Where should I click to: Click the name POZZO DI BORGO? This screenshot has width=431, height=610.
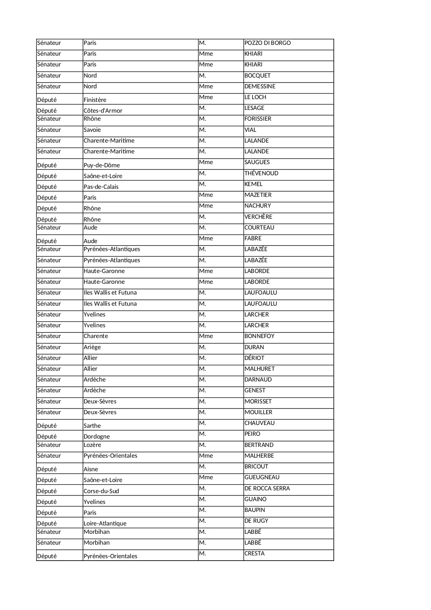[267, 43]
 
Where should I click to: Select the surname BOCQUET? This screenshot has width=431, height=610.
[257, 76]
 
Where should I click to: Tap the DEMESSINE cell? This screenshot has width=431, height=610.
[260, 87]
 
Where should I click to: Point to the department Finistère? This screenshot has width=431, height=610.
[95, 100]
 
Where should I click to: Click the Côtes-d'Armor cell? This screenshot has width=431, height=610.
[103, 111]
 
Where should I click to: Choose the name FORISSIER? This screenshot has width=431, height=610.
[258, 119]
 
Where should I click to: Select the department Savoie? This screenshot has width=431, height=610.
[92, 130]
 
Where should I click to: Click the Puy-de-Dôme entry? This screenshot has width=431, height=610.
[102, 166]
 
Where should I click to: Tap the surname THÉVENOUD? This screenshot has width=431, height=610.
[261, 174]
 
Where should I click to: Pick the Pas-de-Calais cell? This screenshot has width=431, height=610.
[101, 187]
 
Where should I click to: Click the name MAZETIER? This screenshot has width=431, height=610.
[258, 195]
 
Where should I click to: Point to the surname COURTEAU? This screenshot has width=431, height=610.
[259, 228]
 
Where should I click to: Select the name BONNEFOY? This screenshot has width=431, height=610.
[259, 336]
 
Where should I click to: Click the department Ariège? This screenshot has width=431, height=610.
[92, 347]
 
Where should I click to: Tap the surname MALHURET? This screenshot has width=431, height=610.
[259, 369]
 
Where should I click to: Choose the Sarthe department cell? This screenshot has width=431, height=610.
[92, 426]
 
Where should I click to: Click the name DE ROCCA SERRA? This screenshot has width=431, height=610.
[267, 489]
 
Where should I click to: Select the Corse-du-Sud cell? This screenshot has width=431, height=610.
[101, 491]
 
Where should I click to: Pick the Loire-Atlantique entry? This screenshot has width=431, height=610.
[105, 524]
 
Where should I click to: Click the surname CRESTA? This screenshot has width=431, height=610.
[255, 554]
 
